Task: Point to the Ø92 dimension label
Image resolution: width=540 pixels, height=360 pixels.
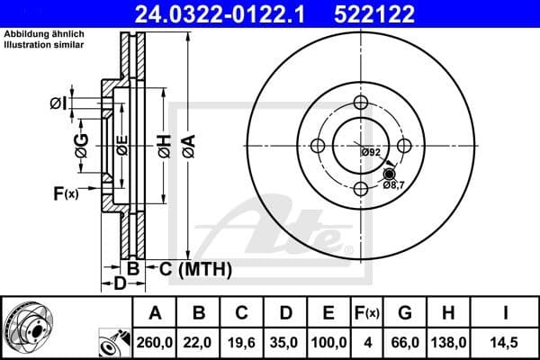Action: [371, 152]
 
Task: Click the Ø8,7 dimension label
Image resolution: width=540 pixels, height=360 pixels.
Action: [393, 185]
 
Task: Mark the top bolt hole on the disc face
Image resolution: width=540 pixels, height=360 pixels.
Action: [361, 102]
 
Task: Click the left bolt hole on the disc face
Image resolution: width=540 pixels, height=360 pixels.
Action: [318, 146]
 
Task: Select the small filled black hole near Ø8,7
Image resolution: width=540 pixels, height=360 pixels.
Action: [389, 174]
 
